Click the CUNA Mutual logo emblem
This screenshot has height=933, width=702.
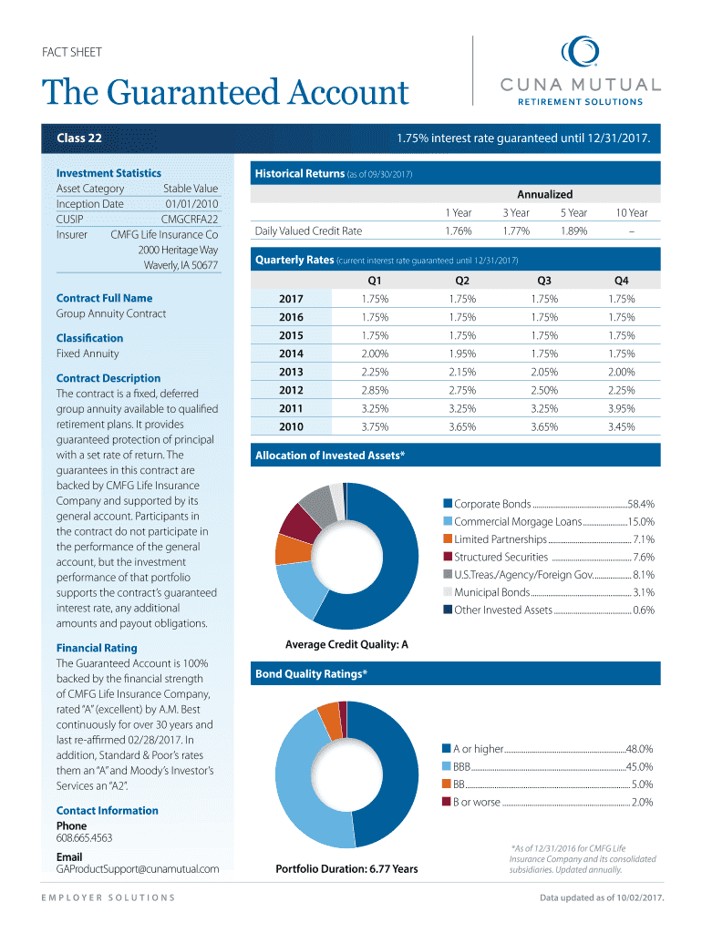pos(579,53)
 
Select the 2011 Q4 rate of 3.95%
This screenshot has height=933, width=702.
pos(622,408)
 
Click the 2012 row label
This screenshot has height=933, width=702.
pos(292,390)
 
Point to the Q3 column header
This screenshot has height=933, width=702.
pos(544,281)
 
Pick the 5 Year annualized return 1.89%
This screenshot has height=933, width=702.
pos(574,231)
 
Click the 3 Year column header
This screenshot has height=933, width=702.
pos(516,212)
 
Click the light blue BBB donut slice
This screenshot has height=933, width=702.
pos(305,784)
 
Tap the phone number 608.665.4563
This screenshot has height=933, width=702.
pos(85,838)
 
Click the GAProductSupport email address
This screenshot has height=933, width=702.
pos(138,869)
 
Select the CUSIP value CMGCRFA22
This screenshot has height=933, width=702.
pos(190,219)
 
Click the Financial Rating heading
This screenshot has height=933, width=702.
pos(97,648)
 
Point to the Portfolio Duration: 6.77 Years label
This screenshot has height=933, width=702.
pos(346,869)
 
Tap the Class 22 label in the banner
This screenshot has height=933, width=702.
pos(79,138)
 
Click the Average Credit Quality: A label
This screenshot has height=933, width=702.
pos(346,645)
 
